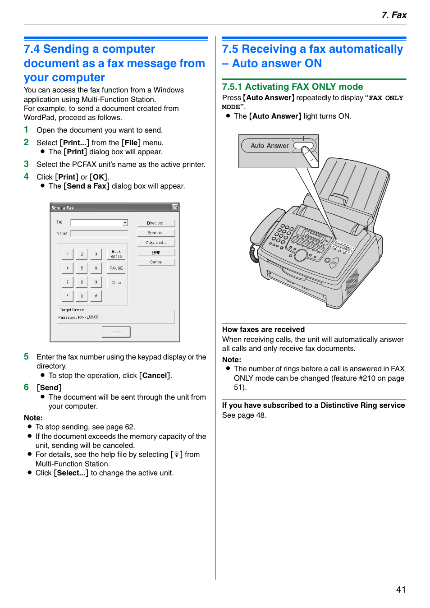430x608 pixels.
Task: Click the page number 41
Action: coord(401,590)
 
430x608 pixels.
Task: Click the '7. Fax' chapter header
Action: coord(393,15)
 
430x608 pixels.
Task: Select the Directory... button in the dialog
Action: coord(156,223)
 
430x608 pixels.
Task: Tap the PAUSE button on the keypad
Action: coord(116,268)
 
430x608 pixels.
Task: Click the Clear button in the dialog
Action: coord(116,283)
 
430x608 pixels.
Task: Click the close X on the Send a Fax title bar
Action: coord(175,207)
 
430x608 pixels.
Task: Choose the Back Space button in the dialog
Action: coord(116,254)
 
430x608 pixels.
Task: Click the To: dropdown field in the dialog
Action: coord(99,223)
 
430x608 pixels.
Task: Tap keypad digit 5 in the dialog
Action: coord(82,268)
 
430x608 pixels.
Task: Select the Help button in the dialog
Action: coord(156,253)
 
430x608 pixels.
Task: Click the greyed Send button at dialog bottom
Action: coord(116,332)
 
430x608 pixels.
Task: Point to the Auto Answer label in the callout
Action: coord(270,146)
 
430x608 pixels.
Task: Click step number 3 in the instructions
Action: coord(26,164)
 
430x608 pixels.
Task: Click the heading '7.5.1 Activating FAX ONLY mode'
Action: coord(292,87)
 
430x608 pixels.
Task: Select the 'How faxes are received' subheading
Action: coord(263,329)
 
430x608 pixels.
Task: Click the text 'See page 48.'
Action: coord(244,415)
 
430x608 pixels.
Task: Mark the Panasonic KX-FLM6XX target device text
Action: coord(78,318)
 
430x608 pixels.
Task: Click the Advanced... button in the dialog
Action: coord(156,243)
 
